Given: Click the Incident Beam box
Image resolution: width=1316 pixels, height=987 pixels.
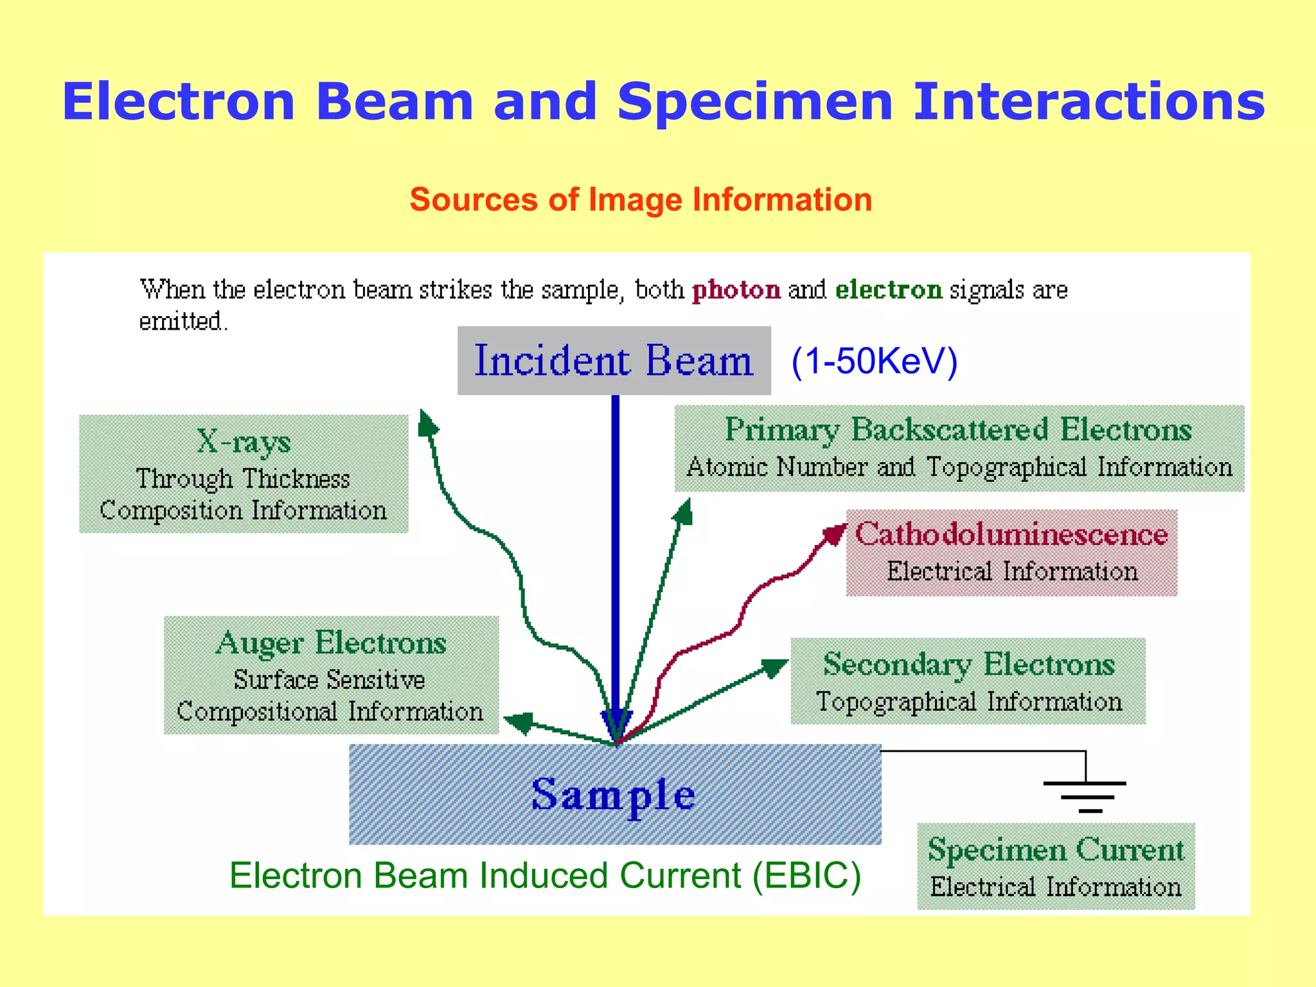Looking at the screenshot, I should (x=614, y=360).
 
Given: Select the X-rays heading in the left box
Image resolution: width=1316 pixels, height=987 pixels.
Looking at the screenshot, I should (x=244, y=441).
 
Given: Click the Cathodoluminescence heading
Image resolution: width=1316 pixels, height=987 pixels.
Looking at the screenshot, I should (x=1011, y=535).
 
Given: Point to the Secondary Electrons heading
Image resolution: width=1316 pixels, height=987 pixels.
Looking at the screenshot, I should (x=968, y=664).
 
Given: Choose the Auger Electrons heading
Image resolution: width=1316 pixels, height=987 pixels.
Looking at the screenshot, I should (x=331, y=643).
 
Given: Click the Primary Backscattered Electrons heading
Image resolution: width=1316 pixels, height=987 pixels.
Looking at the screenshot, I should (x=958, y=429).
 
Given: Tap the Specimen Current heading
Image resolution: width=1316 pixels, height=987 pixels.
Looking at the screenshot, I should (x=1055, y=849).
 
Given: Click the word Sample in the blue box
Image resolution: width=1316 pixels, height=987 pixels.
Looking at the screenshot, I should (x=613, y=795).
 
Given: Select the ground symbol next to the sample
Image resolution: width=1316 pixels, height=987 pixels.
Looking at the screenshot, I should (x=1085, y=796).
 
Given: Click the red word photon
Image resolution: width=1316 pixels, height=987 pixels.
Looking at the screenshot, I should (x=736, y=290).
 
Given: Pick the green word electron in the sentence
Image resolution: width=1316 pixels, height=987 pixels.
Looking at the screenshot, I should (x=888, y=290).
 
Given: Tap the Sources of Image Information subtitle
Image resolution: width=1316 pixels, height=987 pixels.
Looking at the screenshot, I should (x=641, y=199).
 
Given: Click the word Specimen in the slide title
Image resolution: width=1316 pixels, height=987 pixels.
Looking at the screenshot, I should (x=754, y=102).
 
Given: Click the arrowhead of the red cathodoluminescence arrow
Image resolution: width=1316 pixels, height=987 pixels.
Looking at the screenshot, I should (x=835, y=533).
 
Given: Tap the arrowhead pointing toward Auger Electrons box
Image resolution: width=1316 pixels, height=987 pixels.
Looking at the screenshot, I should (x=519, y=722).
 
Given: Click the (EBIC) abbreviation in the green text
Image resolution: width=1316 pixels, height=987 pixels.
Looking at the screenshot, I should (x=806, y=876).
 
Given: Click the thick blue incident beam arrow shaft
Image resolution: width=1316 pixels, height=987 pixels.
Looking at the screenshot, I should (x=616, y=546).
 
